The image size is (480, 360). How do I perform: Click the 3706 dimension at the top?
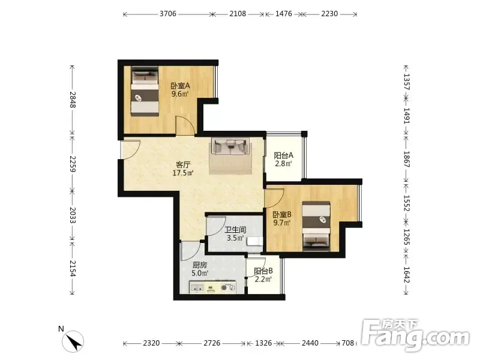click(x=168, y=14)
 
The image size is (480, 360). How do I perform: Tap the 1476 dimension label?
click(x=283, y=14)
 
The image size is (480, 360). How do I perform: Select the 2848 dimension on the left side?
click(x=73, y=100)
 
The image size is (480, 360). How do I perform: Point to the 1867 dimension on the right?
click(x=407, y=159)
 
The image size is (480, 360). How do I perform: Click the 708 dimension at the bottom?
click(x=348, y=343)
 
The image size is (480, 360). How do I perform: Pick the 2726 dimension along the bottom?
click(x=212, y=343)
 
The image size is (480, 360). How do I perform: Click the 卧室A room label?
click(x=181, y=86)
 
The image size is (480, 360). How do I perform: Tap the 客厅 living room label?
click(x=183, y=164)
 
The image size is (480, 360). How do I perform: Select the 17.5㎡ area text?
click(x=183, y=173)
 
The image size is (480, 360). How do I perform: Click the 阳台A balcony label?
click(x=283, y=155)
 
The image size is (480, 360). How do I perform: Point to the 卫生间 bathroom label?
click(x=235, y=230)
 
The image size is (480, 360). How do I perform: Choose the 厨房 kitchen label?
click(x=200, y=265)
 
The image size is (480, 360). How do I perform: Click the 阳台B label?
click(x=263, y=271)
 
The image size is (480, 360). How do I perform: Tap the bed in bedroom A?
click(x=145, y=91)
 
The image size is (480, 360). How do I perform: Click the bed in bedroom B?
click(x=316, y=226)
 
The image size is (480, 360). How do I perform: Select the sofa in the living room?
click(x=230, y=146)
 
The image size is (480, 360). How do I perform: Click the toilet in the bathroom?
click(x=254, y=241)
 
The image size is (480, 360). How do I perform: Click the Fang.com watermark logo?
click(x=415, y=335)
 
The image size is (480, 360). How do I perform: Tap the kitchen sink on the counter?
click(x=197, y=288)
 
